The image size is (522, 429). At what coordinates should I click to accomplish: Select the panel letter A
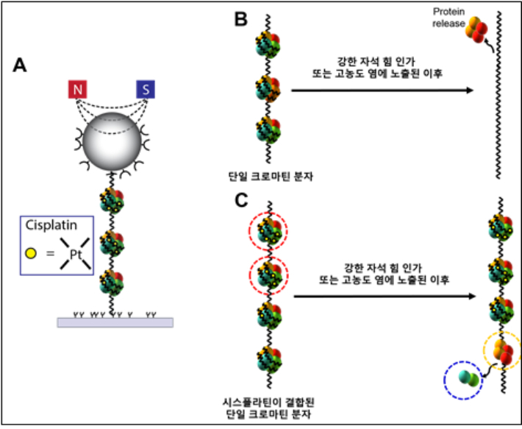22,65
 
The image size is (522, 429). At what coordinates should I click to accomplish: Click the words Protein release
449,17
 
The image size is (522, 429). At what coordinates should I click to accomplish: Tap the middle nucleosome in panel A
112,242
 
